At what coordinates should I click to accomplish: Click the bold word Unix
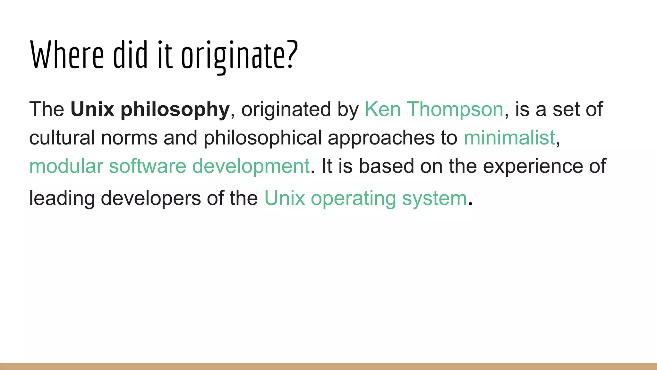(92, 109)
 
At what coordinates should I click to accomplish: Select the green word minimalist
(509, 137)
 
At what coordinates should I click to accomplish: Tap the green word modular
(66, 166)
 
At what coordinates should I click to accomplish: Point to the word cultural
(62, 137)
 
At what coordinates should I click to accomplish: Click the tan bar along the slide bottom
(328, 366)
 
